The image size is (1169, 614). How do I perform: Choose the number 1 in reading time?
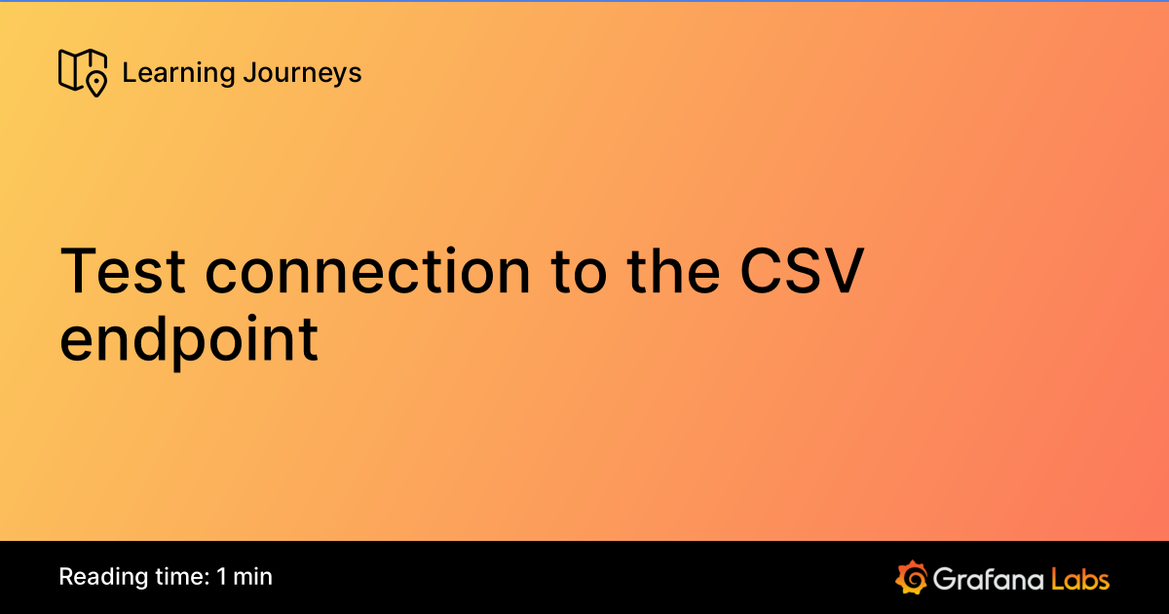pyautogui.click(x=222, y=577)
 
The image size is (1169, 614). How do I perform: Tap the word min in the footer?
pyautogui.click(x=253, y=577)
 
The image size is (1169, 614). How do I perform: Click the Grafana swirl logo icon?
pyautogui.click(x=911, y=577)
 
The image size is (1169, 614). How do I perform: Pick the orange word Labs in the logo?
pyautogui.click(x=1079, y=578)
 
